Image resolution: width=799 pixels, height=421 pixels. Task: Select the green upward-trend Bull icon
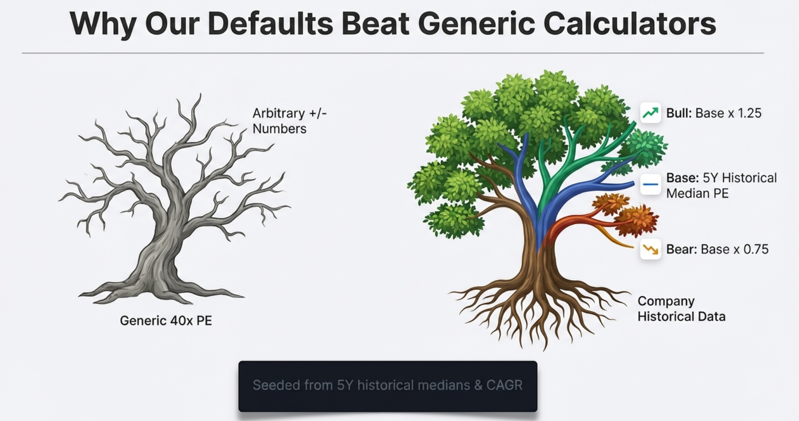pyautogui.click(x=650, y=113)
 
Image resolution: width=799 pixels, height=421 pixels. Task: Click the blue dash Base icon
pyautogui.click(x=650, y=184)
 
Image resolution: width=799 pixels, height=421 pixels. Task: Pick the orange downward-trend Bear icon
pyautogui.click(x=650, y=249)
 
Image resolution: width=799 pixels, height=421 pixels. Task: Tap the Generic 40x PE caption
pyautogui.click(x=165, y=321)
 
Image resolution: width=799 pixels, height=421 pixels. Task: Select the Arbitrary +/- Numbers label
pyautogui.click(x=289, y=121)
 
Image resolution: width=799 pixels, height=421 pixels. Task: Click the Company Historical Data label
pyautogui.click(x=681, y=309)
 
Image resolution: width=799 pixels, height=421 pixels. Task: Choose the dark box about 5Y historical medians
pyautogui.click(x=388, y=386)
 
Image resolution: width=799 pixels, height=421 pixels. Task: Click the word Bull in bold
pyautogui.click(x=678, y=113)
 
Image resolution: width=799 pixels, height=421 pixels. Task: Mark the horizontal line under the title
pyautogui.click(x=393, y=53)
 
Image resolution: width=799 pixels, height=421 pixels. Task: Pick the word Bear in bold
pyautogui.click(x=681, y=249)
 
